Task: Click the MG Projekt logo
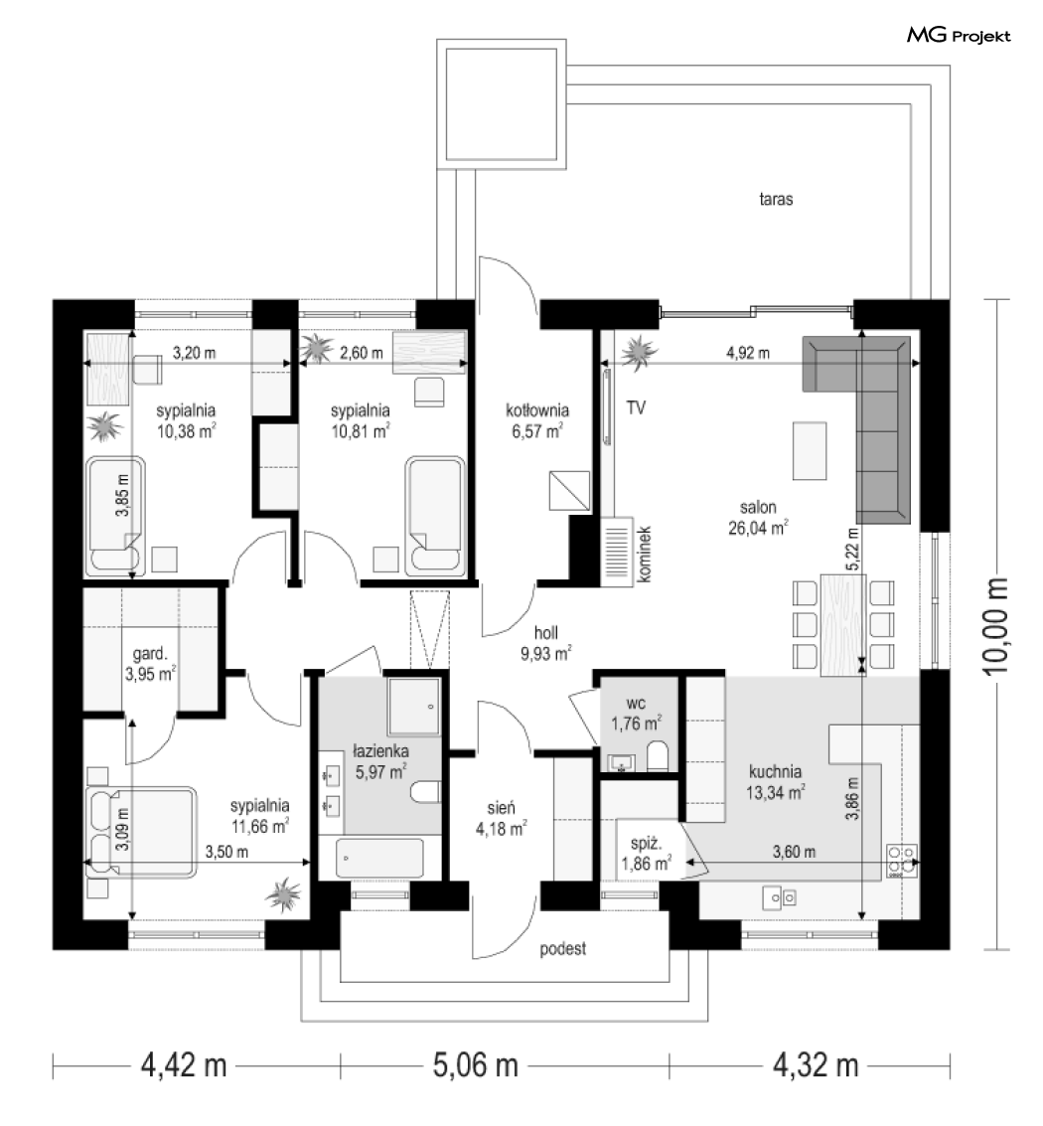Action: click(959, 35)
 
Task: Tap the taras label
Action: click(776, 199)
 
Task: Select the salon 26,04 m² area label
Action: click(758, 518)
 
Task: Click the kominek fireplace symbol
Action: click(617, 552)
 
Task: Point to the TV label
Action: click(636, 407)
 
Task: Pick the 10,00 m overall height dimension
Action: click(997, 625)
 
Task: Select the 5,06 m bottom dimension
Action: click(475, 1064)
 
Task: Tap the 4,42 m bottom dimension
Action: click(184, 1064)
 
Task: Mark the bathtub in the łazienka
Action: click(379, 858)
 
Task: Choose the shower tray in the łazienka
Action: click(413, 706)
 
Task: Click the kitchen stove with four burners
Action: click(902, 861)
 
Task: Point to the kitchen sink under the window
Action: click(779, 897)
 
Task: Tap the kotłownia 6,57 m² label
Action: click(537, 420)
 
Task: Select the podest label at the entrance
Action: click(563, 949)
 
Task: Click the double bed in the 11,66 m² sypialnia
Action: click(141, 833)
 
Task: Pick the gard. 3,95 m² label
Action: click(151, 664)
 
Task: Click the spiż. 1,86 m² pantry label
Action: click(646, 853)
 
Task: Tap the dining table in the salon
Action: click(842, 625)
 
